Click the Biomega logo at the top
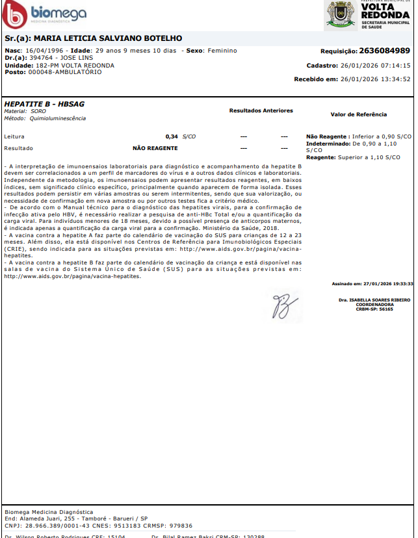pos(44,15)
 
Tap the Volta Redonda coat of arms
pos(339,15)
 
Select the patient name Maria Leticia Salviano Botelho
pos(107,38)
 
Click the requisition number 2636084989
pos(384,51)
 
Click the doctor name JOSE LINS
pos(77,58)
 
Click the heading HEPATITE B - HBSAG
pos(44,104)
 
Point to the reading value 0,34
pos(172,136)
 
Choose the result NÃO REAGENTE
pos(155,148)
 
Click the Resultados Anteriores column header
pos(261,110)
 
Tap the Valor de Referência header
pos(358,114)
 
